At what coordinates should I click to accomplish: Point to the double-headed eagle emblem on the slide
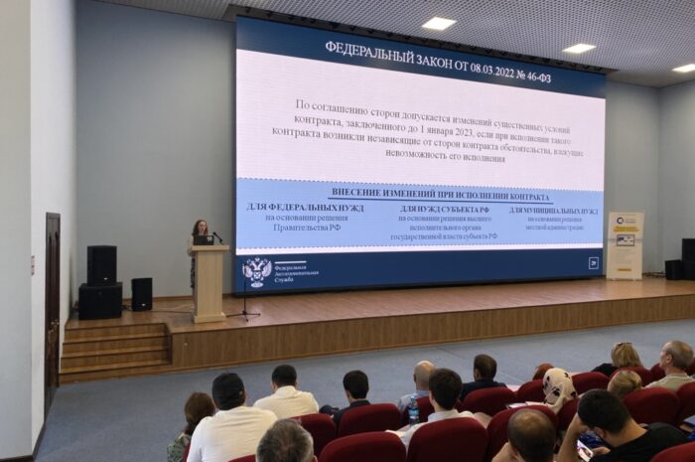256,271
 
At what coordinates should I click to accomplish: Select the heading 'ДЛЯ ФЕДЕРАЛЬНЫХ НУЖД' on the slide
305,208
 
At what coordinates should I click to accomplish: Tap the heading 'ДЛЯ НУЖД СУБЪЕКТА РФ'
445,210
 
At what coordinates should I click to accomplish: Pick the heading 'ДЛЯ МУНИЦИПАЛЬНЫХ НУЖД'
553,211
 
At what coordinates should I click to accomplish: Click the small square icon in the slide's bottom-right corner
593,263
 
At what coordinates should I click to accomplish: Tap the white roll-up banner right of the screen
625,244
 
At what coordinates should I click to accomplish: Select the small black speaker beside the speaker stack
142,293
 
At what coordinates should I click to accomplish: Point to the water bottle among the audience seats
413,410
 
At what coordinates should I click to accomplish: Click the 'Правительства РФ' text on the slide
308,228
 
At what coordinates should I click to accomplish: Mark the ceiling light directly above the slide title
438,22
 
